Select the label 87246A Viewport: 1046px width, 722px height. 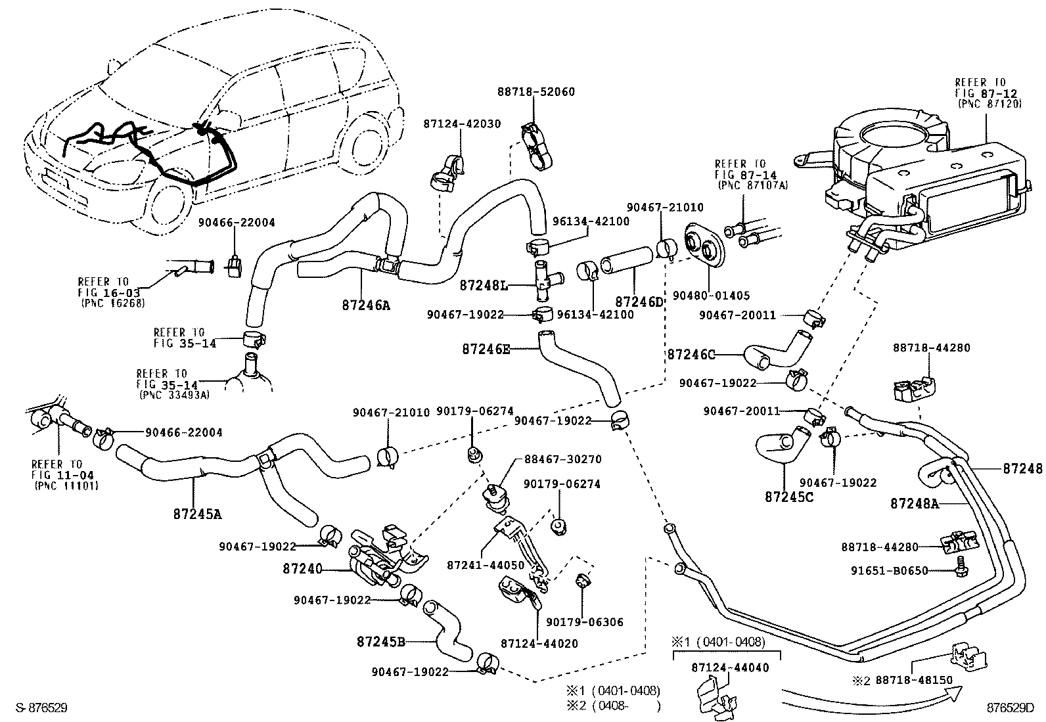[365, 305]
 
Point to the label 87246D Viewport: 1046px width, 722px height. [639, 302]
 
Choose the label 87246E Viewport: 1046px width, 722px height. [486, 350]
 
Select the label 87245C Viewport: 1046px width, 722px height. [789, 497]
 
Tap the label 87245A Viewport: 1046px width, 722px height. [197, 514]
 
